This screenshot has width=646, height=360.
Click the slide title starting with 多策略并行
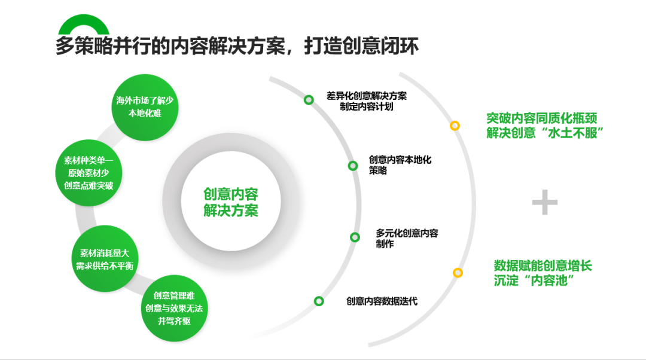[x=237, y=45]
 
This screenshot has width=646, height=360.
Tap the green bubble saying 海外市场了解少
[x=145, y=107]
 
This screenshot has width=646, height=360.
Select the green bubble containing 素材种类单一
[x=89, y=173]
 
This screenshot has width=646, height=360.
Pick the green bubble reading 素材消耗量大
[x=105, y=259]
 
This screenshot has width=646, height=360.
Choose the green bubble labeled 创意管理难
[x=174, y=308]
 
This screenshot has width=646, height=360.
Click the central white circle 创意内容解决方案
[x=231, y=202]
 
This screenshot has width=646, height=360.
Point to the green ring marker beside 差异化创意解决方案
[x=309, y=100]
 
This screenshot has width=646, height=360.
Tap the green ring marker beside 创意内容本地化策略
[x=353, y=166]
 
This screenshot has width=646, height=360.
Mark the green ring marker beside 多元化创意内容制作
[x=355, y=237]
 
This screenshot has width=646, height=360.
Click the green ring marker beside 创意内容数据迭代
[x=319, y=301]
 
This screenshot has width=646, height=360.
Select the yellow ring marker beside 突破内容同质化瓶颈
[x=455, y=126]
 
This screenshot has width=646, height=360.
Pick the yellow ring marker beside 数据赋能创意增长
[x=458, y=273]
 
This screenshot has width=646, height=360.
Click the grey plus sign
[x=545, y=202]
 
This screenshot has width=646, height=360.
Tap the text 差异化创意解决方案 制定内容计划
[x=367, y=101]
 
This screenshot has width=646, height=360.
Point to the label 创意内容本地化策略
[x=400, y=165]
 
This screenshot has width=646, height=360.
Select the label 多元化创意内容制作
[x=407, y=239]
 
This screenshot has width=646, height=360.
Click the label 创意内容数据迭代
[x=382, y=301]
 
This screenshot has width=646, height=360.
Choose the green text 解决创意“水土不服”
[x=545, y=133]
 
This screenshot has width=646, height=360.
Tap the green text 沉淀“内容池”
[x=534, y=280]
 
